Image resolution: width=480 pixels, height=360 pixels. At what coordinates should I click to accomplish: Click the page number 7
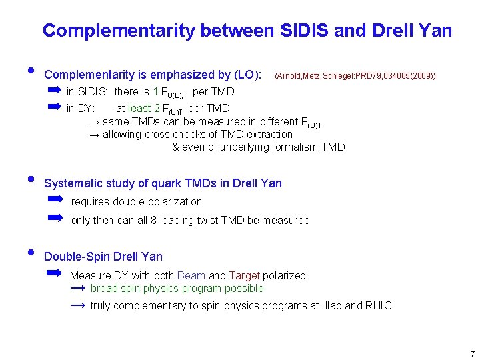pyautogui.click(x=472, y=353)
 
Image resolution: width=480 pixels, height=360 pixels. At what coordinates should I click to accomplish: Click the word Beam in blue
pyautogui.click(x=191, y=275)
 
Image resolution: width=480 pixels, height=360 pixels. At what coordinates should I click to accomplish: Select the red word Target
pyautogui.click(x=244, y=275)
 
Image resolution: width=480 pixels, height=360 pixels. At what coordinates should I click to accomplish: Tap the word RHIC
pyautogui.click(x=379, y=306)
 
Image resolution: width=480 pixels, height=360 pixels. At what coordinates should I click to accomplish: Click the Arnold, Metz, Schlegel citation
pyautogui.click(x=355, y=77)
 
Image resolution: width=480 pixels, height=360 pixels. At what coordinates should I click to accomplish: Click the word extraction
pyautogui.click(x=269, y=134)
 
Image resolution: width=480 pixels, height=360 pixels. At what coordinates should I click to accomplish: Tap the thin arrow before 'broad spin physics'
pyautogui.click(x=77, y=288)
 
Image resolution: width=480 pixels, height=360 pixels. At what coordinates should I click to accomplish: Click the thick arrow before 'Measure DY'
pyautogui.click(x=54, y=273)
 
